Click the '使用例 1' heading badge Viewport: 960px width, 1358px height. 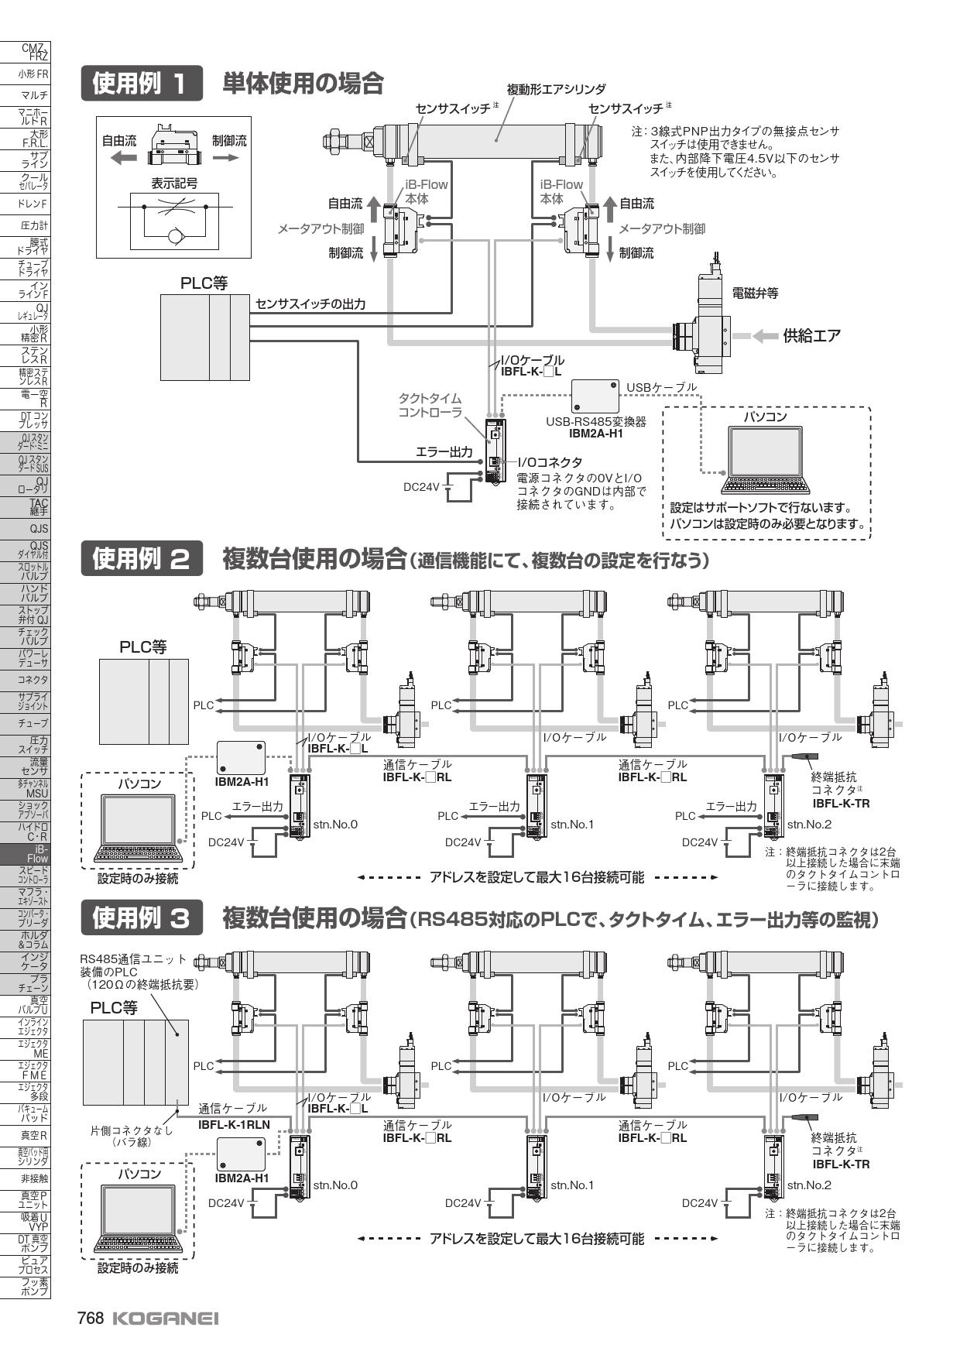[x=140, y=84]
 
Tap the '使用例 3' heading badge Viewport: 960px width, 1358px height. [x=140, y=918]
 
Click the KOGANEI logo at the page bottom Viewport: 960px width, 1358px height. [x=166, y=1319]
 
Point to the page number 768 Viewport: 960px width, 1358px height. [x=90, y=1319]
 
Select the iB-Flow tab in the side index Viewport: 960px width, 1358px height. [x=26, y=853]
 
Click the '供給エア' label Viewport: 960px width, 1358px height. [x=811, y=336]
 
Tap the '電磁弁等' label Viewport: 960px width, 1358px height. [x=755, y=293]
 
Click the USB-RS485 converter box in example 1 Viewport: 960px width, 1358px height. [x=595, y=397]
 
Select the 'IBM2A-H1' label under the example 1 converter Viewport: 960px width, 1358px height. [x=595, y=434]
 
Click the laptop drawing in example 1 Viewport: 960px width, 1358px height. [x=765, y=460]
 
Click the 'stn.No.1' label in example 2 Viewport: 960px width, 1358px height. [x=571, y=824]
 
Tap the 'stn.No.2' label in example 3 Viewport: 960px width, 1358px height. [x=809, y=1185]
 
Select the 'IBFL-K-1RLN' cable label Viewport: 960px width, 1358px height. [x=234, y=1124]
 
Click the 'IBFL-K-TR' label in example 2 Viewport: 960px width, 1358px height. [x=841, y=803]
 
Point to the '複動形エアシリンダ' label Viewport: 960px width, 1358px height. [x=556, y=90]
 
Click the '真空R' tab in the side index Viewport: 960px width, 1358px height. [x=26, y=1136]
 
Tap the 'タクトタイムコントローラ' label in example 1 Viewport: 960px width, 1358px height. [x=430, y=405]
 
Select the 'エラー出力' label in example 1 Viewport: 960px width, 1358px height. [x=444, y=452]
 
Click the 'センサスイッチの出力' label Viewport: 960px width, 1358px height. [x=310, y=304]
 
